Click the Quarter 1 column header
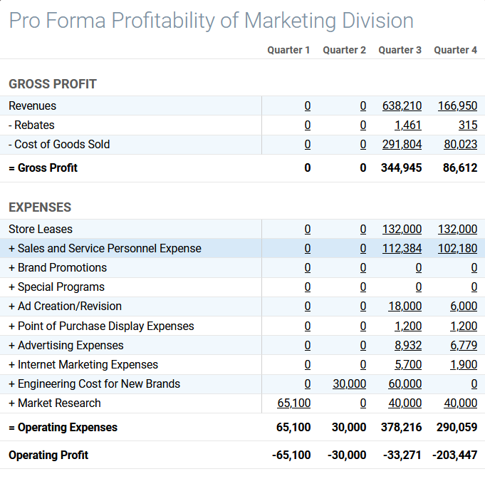pyautogui.click(x=288, y=50)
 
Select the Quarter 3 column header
pyautogui.click(x=400, y=50)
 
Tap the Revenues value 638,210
pyautogui.click(x=402, y=105)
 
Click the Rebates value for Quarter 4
pyautogui.click(x=468, y=125)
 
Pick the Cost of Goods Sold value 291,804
pyautogui.click(x=402, y=144)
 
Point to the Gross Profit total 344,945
pyautogui.click(x=402, y=168)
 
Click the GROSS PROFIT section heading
pyautogui.click(x=53, y=84)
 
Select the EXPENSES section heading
pyautogui.click(x=40, y=207)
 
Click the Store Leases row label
pyautogui.click(x=41, y=229)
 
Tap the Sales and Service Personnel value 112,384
pyautogui.click(x=402, y=248)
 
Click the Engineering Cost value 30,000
pyautogui.click(x=349, y=383)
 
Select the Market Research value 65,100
pyautogui.click(x=293, y=403)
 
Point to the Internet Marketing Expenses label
pyautogui.click(x=83, y=364)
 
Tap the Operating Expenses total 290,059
pyautogui.click(x=456, y=428)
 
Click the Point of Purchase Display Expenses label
pyautogui.click(x=101, y=326)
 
